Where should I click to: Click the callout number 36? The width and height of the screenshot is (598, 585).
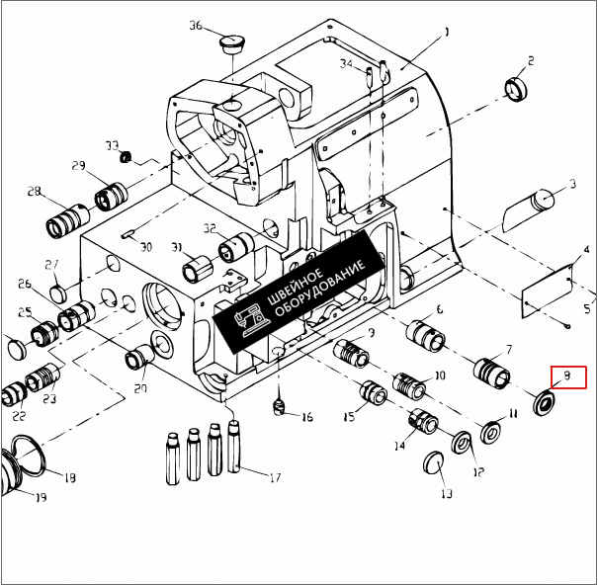point(195,26)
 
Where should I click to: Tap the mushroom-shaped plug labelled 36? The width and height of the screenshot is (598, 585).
point(231,45)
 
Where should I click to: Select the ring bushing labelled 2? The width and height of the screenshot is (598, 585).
point(515,88)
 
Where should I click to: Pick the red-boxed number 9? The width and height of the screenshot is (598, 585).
point(567,376)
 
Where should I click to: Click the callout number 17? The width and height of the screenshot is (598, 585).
point(276,478)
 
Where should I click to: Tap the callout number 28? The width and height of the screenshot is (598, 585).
point(34,191)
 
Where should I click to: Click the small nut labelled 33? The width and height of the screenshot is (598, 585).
point(126,158)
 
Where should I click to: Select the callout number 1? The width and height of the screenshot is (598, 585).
point(446,32)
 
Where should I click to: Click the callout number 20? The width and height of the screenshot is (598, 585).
point(140,388)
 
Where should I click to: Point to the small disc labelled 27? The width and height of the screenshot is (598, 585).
point(59,292)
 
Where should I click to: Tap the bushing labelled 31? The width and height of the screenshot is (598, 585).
point(195,267)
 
